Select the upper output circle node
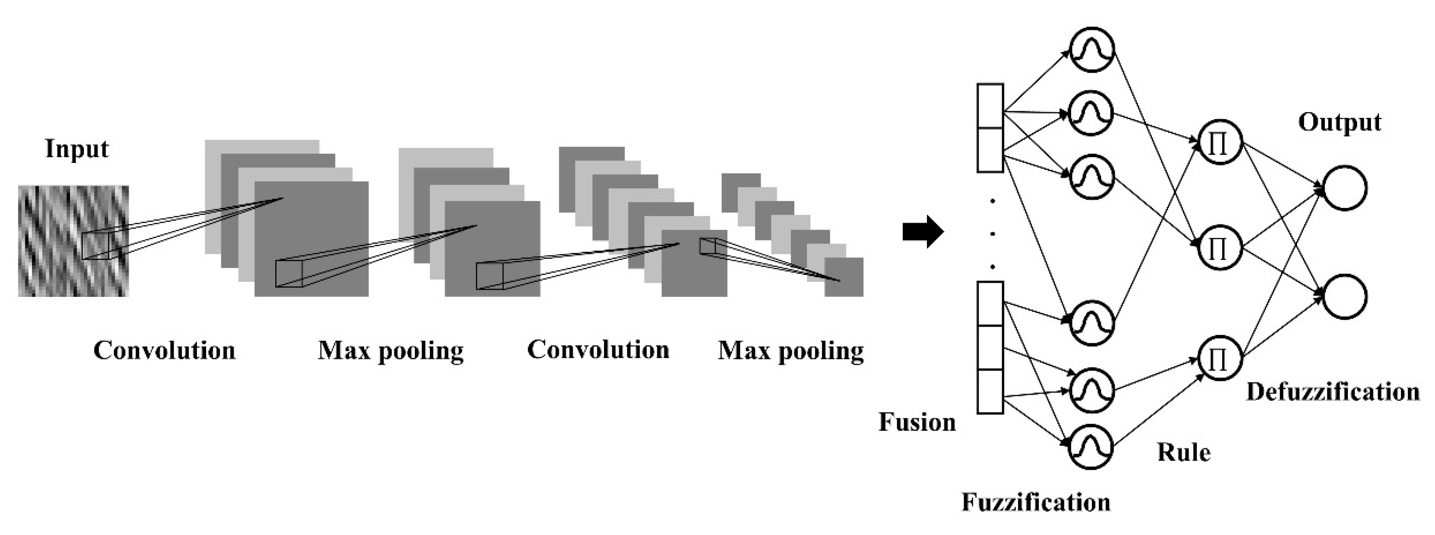pos(1344,188)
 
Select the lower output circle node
pos(1344,296)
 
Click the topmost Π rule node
pos(1219,143)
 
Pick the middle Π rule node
pos(1219,247)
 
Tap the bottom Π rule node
pos(1219,358)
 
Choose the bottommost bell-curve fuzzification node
pos(1091,447)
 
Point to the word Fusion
pos(917,422)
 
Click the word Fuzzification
pos(1035,503)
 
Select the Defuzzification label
pos(1333,392)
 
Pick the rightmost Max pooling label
pos(790,351)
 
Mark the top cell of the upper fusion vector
pos(990,106)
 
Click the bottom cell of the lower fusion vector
pos(990,391)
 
